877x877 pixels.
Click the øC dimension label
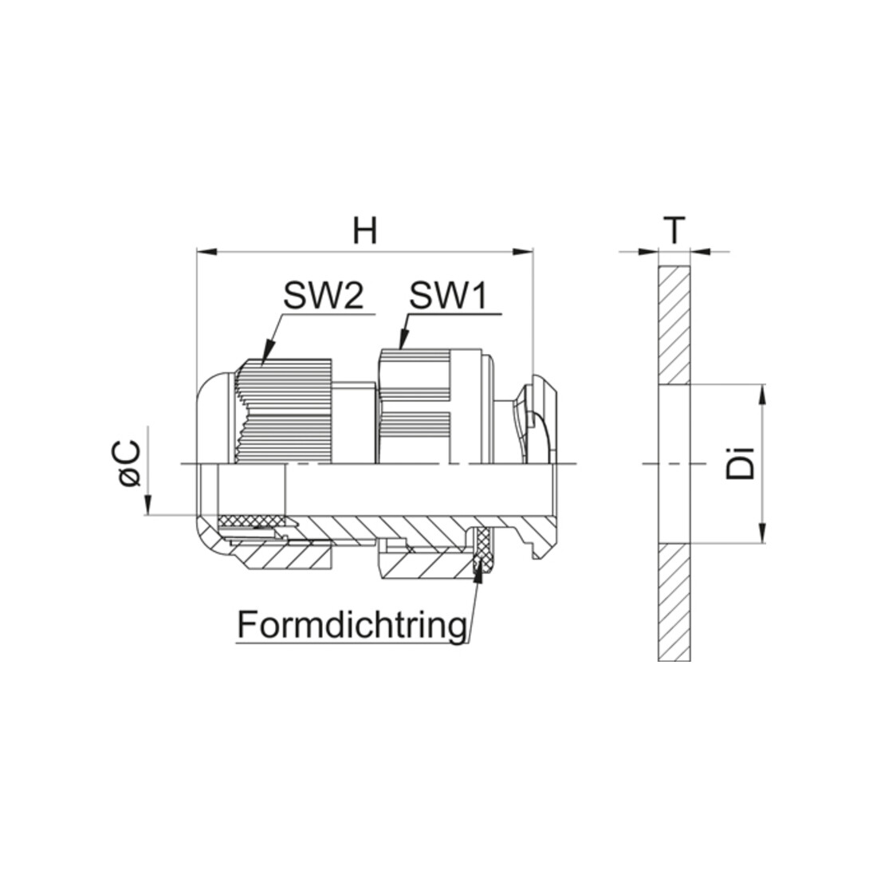coord(130,464)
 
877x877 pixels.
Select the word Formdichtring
coord(352,624)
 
